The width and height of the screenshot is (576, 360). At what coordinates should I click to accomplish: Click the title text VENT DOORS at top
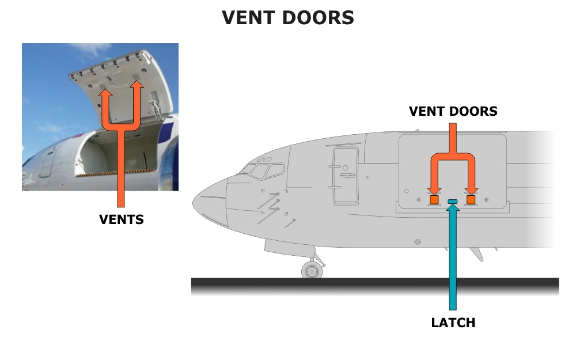coord(287,18)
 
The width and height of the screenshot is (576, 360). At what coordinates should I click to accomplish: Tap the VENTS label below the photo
coord(122,219)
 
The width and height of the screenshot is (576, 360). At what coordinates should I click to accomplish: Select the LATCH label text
coord(453,323)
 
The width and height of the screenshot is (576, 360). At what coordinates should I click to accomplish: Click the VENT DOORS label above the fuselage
coord(453,111)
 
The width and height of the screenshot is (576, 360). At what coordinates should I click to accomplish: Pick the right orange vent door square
coord(471,199)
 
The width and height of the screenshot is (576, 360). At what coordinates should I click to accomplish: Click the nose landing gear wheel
coord(312,270)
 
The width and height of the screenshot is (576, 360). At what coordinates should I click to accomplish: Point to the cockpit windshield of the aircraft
coord(263,170)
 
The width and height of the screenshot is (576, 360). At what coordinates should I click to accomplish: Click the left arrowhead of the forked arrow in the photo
coord(107,87)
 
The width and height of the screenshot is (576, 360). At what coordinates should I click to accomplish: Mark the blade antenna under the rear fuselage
coord(476,253)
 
